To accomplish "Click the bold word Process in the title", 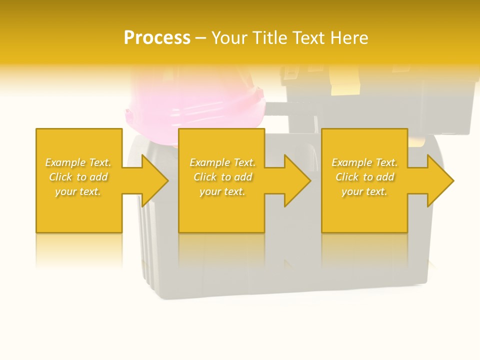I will pyautogui.click(x=157, y=38).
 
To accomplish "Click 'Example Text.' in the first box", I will pyautogui.click(x=78, y=162).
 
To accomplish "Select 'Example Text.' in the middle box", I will pyautogui.click(x=222, y=162).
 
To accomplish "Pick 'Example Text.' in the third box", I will pyautogui.click(x=364, y=162).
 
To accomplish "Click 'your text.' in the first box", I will pyautogui.click(x=78, y=191).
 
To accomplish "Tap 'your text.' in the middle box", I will pyautogui.click(x=222, y=191).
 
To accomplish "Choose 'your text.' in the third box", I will pyautogui.click(x=364, y=191).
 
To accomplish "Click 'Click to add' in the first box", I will pyautogui.click(x=78, y=177).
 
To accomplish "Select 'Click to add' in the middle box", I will pyautogui.click(x=222, y=177).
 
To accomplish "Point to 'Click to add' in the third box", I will pyautogui.click(x=364, y=177).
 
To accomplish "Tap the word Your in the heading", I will pyautogui.click(x=229, y=38).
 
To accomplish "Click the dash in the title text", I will pyautogui.click(x=200, y=38).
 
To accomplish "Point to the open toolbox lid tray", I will pyautogui.click(x=380, y=95).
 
